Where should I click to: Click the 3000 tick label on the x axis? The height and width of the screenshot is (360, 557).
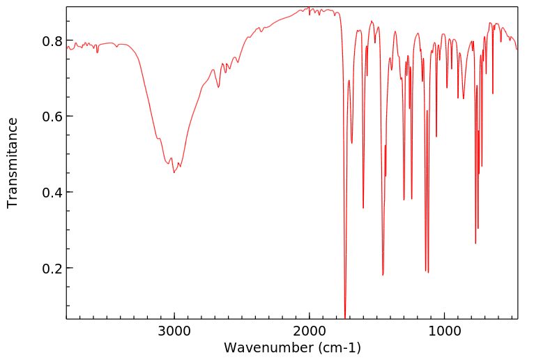point(174,330)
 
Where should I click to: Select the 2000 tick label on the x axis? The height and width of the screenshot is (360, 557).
point(310,330)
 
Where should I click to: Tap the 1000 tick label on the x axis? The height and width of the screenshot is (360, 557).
point(445,330)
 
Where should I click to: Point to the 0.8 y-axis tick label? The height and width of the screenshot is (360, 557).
point(52,40)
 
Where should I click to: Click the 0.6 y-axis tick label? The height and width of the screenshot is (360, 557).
point(52,117)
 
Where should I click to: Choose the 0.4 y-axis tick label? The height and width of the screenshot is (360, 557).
point(52,193)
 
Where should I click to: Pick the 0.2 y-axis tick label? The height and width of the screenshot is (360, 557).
point(52,269)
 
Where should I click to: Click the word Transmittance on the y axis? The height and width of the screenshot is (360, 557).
point(13,163)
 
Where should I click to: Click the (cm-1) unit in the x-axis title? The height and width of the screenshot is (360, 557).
point(339,347)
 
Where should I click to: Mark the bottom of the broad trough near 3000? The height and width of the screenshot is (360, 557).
point(174,172)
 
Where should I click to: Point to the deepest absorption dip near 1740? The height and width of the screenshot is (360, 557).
point(345,315)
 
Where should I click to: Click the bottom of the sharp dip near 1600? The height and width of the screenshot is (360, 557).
point(363,207)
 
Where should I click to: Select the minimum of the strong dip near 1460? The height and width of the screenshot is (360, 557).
point(383,275)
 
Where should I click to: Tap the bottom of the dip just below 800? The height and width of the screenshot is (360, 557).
point(475,243)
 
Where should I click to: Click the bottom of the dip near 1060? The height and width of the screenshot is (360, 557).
point(436,136)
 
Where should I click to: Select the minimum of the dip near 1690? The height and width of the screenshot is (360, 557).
point(352,143)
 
